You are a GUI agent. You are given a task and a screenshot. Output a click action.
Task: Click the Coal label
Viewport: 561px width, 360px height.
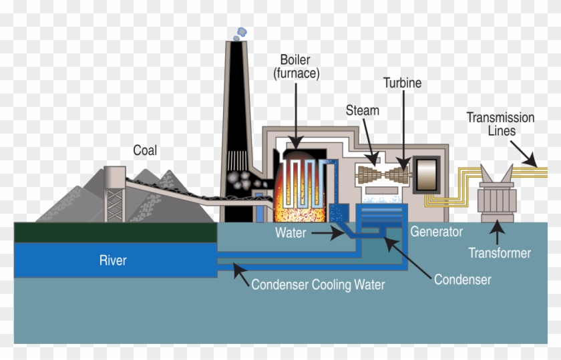click(x=145, y=150)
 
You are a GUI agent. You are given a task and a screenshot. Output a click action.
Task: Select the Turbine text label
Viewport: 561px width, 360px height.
click(x=402, y=83)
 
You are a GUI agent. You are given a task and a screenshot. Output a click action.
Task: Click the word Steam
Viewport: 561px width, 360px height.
click(x=362, y=110)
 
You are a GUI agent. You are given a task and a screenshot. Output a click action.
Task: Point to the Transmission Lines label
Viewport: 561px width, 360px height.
click(x=500, y=124)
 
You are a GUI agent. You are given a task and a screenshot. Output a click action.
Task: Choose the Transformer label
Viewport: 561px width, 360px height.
click(x=499, y=253)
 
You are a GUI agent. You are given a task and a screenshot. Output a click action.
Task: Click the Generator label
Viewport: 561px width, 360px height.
click(x=436, y=232)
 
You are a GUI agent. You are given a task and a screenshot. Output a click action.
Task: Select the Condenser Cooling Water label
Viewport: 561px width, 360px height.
click(x=318, y=285)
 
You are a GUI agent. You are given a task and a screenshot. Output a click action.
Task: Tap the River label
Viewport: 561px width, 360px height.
click(x=113, y=259)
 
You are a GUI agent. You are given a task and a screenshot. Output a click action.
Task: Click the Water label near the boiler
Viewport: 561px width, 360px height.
click(x=291, y=233)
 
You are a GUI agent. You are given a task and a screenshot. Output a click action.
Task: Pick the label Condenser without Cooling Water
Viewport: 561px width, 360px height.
click(x=462, y=279)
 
